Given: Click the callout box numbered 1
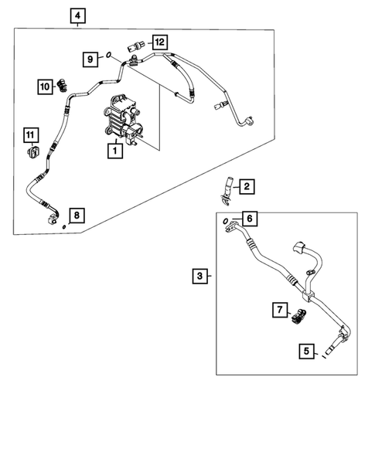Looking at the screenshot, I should pos(114,152).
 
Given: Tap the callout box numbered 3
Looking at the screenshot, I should pos(199,275).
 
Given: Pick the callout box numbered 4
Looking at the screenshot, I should pos(78,15).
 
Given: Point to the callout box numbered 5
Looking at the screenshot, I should pos(307,352).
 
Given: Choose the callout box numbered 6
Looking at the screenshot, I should pos(248,219).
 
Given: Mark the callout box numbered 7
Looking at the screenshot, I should pos(278,309).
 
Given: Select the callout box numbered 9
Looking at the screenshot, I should pos(90,58).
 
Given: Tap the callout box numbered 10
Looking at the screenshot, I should pos(44,87).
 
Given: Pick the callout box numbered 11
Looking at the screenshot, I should pos(30,137).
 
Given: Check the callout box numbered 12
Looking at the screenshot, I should pos(159,41).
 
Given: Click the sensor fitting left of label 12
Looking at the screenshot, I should pos(138,46).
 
